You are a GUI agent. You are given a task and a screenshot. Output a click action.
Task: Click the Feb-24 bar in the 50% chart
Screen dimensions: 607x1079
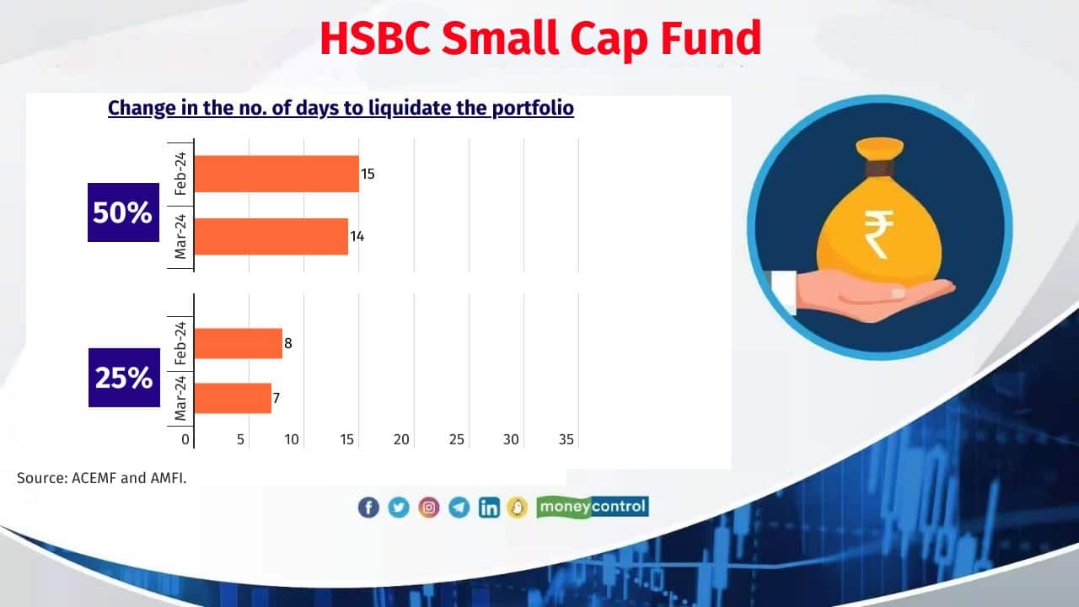point(276,174)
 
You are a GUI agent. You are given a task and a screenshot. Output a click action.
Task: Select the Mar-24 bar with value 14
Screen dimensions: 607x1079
point(271,236)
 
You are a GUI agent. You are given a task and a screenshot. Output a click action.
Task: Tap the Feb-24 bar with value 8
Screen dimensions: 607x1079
point(238,343)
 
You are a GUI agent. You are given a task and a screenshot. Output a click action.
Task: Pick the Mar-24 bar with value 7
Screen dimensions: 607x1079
point(233,398)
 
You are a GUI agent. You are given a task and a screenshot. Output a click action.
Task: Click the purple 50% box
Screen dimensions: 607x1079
point(123,212)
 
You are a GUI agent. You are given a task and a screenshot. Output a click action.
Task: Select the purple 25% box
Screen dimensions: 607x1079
point(124,378)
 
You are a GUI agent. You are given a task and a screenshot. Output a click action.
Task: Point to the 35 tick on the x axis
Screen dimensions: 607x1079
point(566,439)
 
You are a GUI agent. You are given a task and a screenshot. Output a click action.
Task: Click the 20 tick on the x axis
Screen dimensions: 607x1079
point(401,439)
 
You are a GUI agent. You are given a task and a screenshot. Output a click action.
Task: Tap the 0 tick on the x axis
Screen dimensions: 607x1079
point(185,439)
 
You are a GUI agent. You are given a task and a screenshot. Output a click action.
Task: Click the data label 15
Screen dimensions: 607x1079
point(368,175)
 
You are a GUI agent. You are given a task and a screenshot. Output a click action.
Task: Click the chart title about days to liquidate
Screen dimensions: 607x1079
point(341,108)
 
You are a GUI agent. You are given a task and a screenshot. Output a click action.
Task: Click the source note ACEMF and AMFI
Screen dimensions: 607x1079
point(102,478)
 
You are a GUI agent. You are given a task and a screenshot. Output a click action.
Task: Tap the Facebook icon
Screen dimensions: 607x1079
point(368,508)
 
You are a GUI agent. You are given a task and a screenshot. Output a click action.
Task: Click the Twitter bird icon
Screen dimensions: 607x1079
point(399,508)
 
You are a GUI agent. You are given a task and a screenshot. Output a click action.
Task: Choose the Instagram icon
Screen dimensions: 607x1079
point(429,508)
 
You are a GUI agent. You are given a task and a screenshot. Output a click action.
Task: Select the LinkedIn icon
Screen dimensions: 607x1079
point(489,508)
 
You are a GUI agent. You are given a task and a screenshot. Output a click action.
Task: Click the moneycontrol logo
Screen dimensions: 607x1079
point(592,507)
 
